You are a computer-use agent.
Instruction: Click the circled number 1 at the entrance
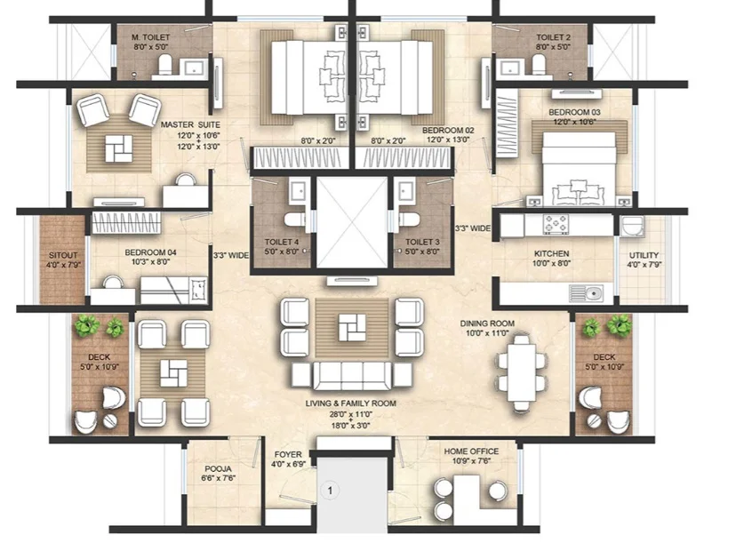pyautogui.click(x=331, y=491)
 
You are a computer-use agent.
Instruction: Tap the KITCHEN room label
pyautogui.click(x=551, y=254)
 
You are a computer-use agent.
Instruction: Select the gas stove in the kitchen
pyautogui.click(x=556, y=225)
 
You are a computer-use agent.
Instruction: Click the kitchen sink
pyautogui.click(x=587, y=294)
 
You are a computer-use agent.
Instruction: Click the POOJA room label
pyautogui.click(x=219, y=469)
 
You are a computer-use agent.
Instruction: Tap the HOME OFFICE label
pyautogui.click(x=471, y=451)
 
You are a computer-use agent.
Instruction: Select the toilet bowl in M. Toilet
pyautogui.click(x=164, y=65)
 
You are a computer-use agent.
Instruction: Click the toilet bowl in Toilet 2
pyautogui.click(x=539, y=65)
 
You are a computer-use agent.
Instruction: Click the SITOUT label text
pyautogui.click(x=63, y=255)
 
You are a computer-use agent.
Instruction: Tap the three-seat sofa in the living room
pyautogui.click(x=352, y=376)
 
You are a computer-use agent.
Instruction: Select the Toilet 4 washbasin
pyautogui.click(x=298, y=191)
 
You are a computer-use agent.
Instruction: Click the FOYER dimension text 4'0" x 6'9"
pyautogui.click(x=288, y=464)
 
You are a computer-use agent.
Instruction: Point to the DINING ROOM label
pyautogui.click(x=487, y=323)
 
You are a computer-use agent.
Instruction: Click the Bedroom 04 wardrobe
pyautogui.click(x=125, y=223)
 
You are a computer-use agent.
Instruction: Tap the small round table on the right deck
pyautogui.click(x=593, y=420)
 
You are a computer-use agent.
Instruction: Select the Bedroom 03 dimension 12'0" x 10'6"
pyautogui.click(x=574, y=122)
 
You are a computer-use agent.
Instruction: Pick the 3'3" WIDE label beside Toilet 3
pyautogui.click(x=473, y=228)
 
